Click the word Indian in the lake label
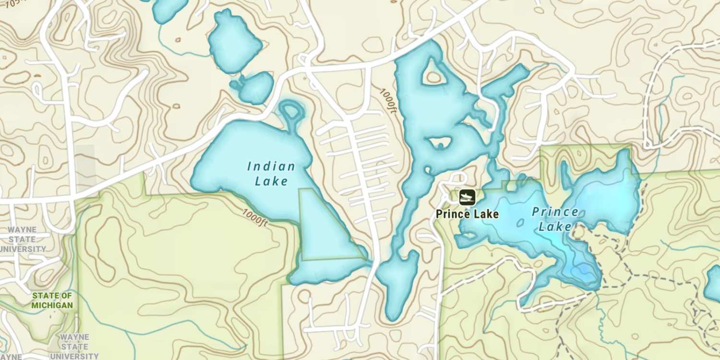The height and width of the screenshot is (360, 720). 271,167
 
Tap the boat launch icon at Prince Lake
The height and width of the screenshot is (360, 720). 467,197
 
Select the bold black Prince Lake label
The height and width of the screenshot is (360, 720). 467,214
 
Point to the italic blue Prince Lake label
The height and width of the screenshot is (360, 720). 555,219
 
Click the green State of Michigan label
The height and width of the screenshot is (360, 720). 52,300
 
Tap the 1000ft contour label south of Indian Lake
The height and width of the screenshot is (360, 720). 255,217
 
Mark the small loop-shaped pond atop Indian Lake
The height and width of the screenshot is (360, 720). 291,112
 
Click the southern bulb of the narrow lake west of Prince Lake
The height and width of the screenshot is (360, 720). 396,283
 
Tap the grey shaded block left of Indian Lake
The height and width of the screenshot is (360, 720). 85,168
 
